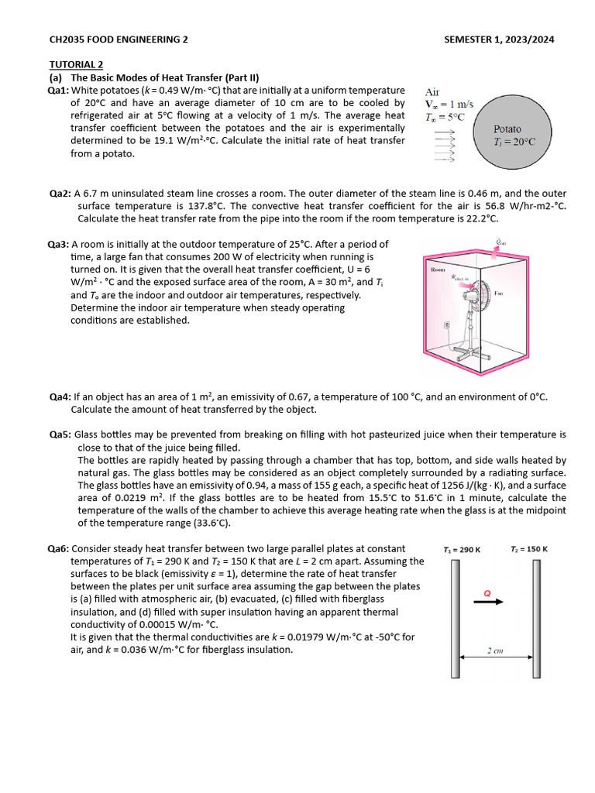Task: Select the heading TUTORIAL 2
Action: point(76,64)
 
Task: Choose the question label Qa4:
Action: point(60,396)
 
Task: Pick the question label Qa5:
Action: point(60,435)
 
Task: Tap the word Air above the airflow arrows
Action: point(433,91)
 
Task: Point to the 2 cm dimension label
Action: point(495,651)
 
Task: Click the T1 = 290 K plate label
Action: point(462,550)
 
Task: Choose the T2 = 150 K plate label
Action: point(529,550)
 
